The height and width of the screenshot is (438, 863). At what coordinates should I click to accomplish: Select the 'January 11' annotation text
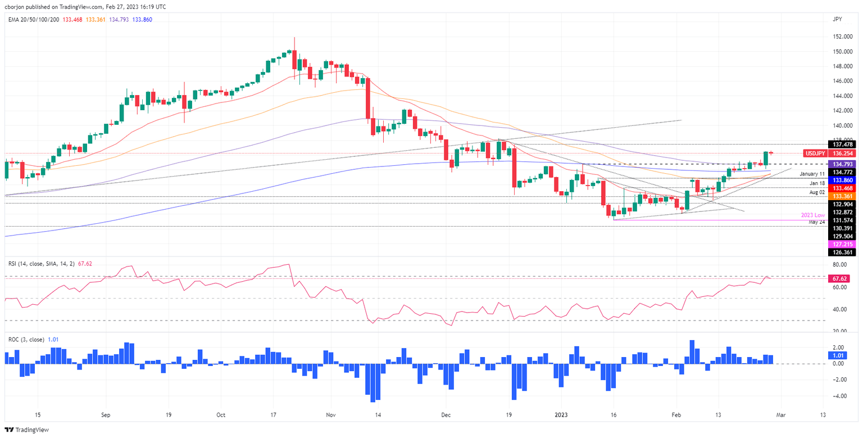tap(811, 174)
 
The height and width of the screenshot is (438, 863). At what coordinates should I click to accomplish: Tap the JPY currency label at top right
tap(838, 19)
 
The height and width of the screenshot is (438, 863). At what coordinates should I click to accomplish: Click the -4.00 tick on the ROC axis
tap(839, 396)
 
